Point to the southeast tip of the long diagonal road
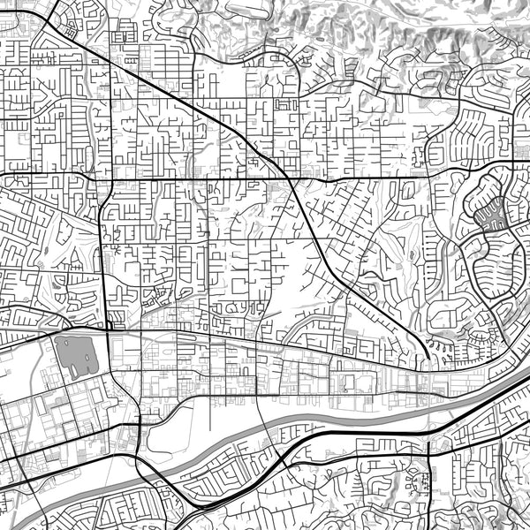coord(428,358)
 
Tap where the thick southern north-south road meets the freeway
coord(428,441)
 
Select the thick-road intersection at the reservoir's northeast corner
coord(107,329)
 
